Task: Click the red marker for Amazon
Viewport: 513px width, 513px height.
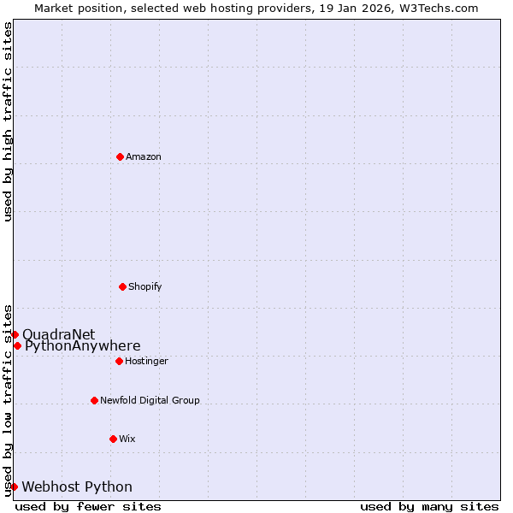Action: click(x=120, y=156)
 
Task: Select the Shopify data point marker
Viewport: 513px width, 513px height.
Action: click(x=122, y=286)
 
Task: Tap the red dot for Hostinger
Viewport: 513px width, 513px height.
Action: click(x=119, y=361)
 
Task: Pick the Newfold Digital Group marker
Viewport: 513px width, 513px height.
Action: click(x=94, y=400)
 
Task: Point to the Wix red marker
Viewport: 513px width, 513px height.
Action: click(x=113, y=439)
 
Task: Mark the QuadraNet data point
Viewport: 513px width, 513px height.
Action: click(x=15, y=334)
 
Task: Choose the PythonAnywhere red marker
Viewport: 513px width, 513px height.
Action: click(x=17, y=345)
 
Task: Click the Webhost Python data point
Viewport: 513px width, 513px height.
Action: click(x=14, y=486)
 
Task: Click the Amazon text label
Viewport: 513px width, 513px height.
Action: click(x=144, y=157)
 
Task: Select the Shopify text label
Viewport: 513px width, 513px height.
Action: click(x=145, y=287)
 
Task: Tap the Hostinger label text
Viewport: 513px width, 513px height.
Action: click(x=146, y=362)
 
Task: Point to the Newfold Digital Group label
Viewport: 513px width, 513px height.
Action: click(x=150, y=401)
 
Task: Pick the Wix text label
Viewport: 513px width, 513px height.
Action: click(x=127, y=439)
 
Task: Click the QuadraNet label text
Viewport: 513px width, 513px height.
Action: click(x=59, y=334)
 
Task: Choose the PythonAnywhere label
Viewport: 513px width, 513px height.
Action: click(x=83, y=346)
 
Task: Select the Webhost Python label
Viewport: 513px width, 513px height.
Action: click(x=77, y=487)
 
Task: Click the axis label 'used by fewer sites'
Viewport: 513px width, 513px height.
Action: click(x=88, y=507)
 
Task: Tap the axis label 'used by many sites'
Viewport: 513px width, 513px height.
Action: click(x=429, y=507)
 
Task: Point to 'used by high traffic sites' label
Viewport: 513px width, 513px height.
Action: click(x=8, y=122)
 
